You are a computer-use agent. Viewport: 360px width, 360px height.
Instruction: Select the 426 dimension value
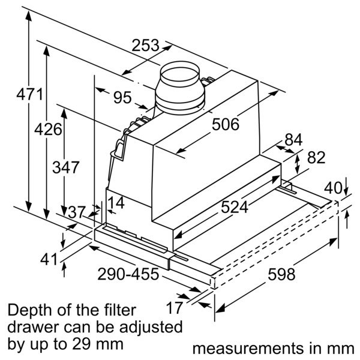[x=47, y=129]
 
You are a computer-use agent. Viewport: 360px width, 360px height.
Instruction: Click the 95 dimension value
[x=122, y=97]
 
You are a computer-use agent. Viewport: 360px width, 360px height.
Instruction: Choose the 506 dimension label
[x=226, y=125]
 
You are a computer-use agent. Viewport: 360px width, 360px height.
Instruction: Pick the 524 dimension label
[x=235, y=207]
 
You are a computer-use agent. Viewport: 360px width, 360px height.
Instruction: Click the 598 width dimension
[x=281, y=274]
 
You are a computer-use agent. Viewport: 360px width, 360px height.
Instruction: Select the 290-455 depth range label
[x=128, y=275]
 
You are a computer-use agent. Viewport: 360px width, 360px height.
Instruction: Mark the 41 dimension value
[x=33, y=260]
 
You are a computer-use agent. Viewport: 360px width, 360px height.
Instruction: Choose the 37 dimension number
[x=76, y=212]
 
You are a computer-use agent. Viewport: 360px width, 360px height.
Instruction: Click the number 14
[x=116, y=203]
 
